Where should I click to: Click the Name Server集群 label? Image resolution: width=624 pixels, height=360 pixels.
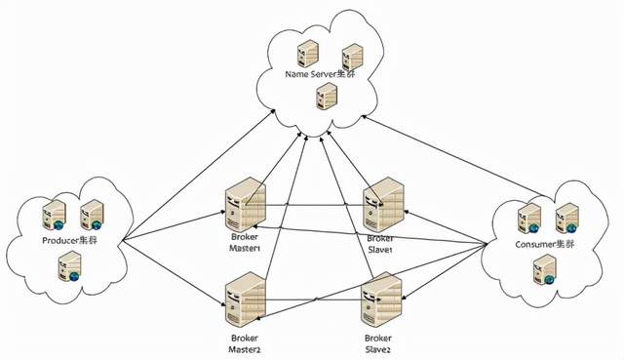point(320,74)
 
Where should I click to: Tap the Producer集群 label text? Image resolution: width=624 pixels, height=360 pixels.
point(69,241)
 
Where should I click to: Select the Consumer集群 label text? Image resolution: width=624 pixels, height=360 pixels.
point(544,244)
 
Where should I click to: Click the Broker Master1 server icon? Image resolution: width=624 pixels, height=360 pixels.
point(246,204)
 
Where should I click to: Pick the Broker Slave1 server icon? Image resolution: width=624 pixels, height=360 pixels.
point(383,204)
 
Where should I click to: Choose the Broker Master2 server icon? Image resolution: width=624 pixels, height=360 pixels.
point(246,300)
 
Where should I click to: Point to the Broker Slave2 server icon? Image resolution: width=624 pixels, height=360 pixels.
point(381,300)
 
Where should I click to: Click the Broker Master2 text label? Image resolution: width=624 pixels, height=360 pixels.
point(245,344)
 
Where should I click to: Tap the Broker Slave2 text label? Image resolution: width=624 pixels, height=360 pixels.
point(378,344)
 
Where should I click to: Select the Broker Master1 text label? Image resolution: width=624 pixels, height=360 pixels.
point(245,243)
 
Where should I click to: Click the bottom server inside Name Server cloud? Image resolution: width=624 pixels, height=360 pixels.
point(327,96)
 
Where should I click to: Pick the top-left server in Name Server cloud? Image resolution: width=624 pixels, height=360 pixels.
point(308,54)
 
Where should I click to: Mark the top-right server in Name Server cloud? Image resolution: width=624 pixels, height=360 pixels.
point(352,57)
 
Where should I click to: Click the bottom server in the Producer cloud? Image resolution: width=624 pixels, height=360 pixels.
point(69,266)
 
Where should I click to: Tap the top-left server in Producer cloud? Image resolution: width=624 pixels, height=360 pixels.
point(55,215)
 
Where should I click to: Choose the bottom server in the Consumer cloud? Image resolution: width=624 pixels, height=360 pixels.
point(544,270)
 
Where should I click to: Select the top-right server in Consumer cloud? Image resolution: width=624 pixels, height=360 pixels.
point(567,219)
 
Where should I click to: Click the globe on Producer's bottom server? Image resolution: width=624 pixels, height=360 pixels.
point(74,276)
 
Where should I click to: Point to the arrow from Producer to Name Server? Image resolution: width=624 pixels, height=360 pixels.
point(199,175)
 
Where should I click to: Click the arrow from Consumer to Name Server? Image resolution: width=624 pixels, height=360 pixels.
point(452,156)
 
